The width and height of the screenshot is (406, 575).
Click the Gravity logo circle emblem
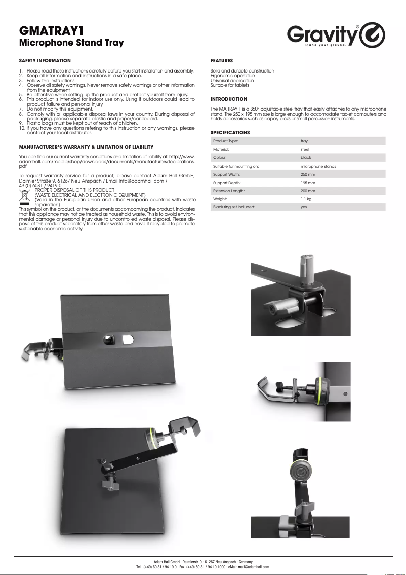(373, 35)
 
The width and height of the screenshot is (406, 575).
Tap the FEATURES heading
(222, 60)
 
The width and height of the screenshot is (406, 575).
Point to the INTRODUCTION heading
(229, 99)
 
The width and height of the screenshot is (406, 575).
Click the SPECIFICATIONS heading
(230, 133)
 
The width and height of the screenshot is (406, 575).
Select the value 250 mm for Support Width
(308, 174)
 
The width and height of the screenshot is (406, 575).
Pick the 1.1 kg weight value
(306, 199)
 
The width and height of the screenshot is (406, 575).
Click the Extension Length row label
(229, 191)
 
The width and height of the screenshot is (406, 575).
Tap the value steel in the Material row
(305, 150)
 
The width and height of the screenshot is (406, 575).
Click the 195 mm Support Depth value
(308, 183)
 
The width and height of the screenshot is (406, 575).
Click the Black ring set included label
(233, 207)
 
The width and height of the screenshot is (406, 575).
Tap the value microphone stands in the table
(318, 166)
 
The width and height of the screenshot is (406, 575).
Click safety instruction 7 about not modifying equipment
(59, 109)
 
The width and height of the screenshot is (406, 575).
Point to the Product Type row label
(226, 141)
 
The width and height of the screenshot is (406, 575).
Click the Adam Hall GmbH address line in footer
(202, 561)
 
